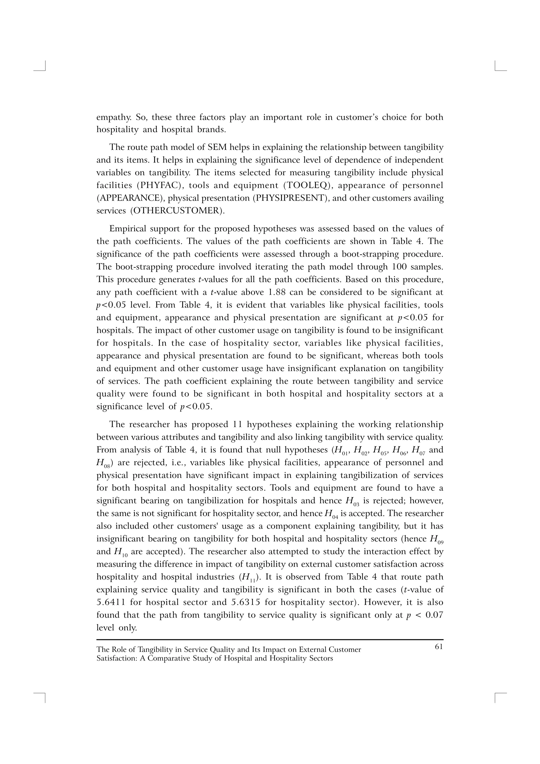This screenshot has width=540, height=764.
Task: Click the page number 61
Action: (439, 646)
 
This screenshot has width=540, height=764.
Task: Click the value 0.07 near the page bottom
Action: (434, 615)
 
